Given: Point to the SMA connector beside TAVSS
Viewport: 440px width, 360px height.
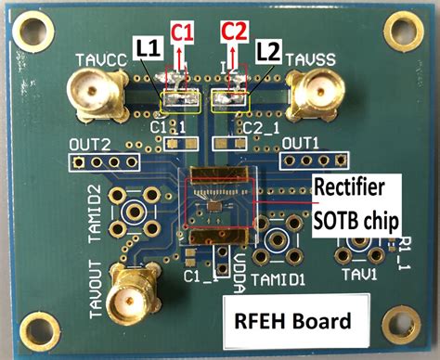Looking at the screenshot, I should (314, 95).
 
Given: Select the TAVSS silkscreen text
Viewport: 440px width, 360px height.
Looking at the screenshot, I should (308, 61).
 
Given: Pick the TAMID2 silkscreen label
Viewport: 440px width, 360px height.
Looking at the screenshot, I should (94, 212).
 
